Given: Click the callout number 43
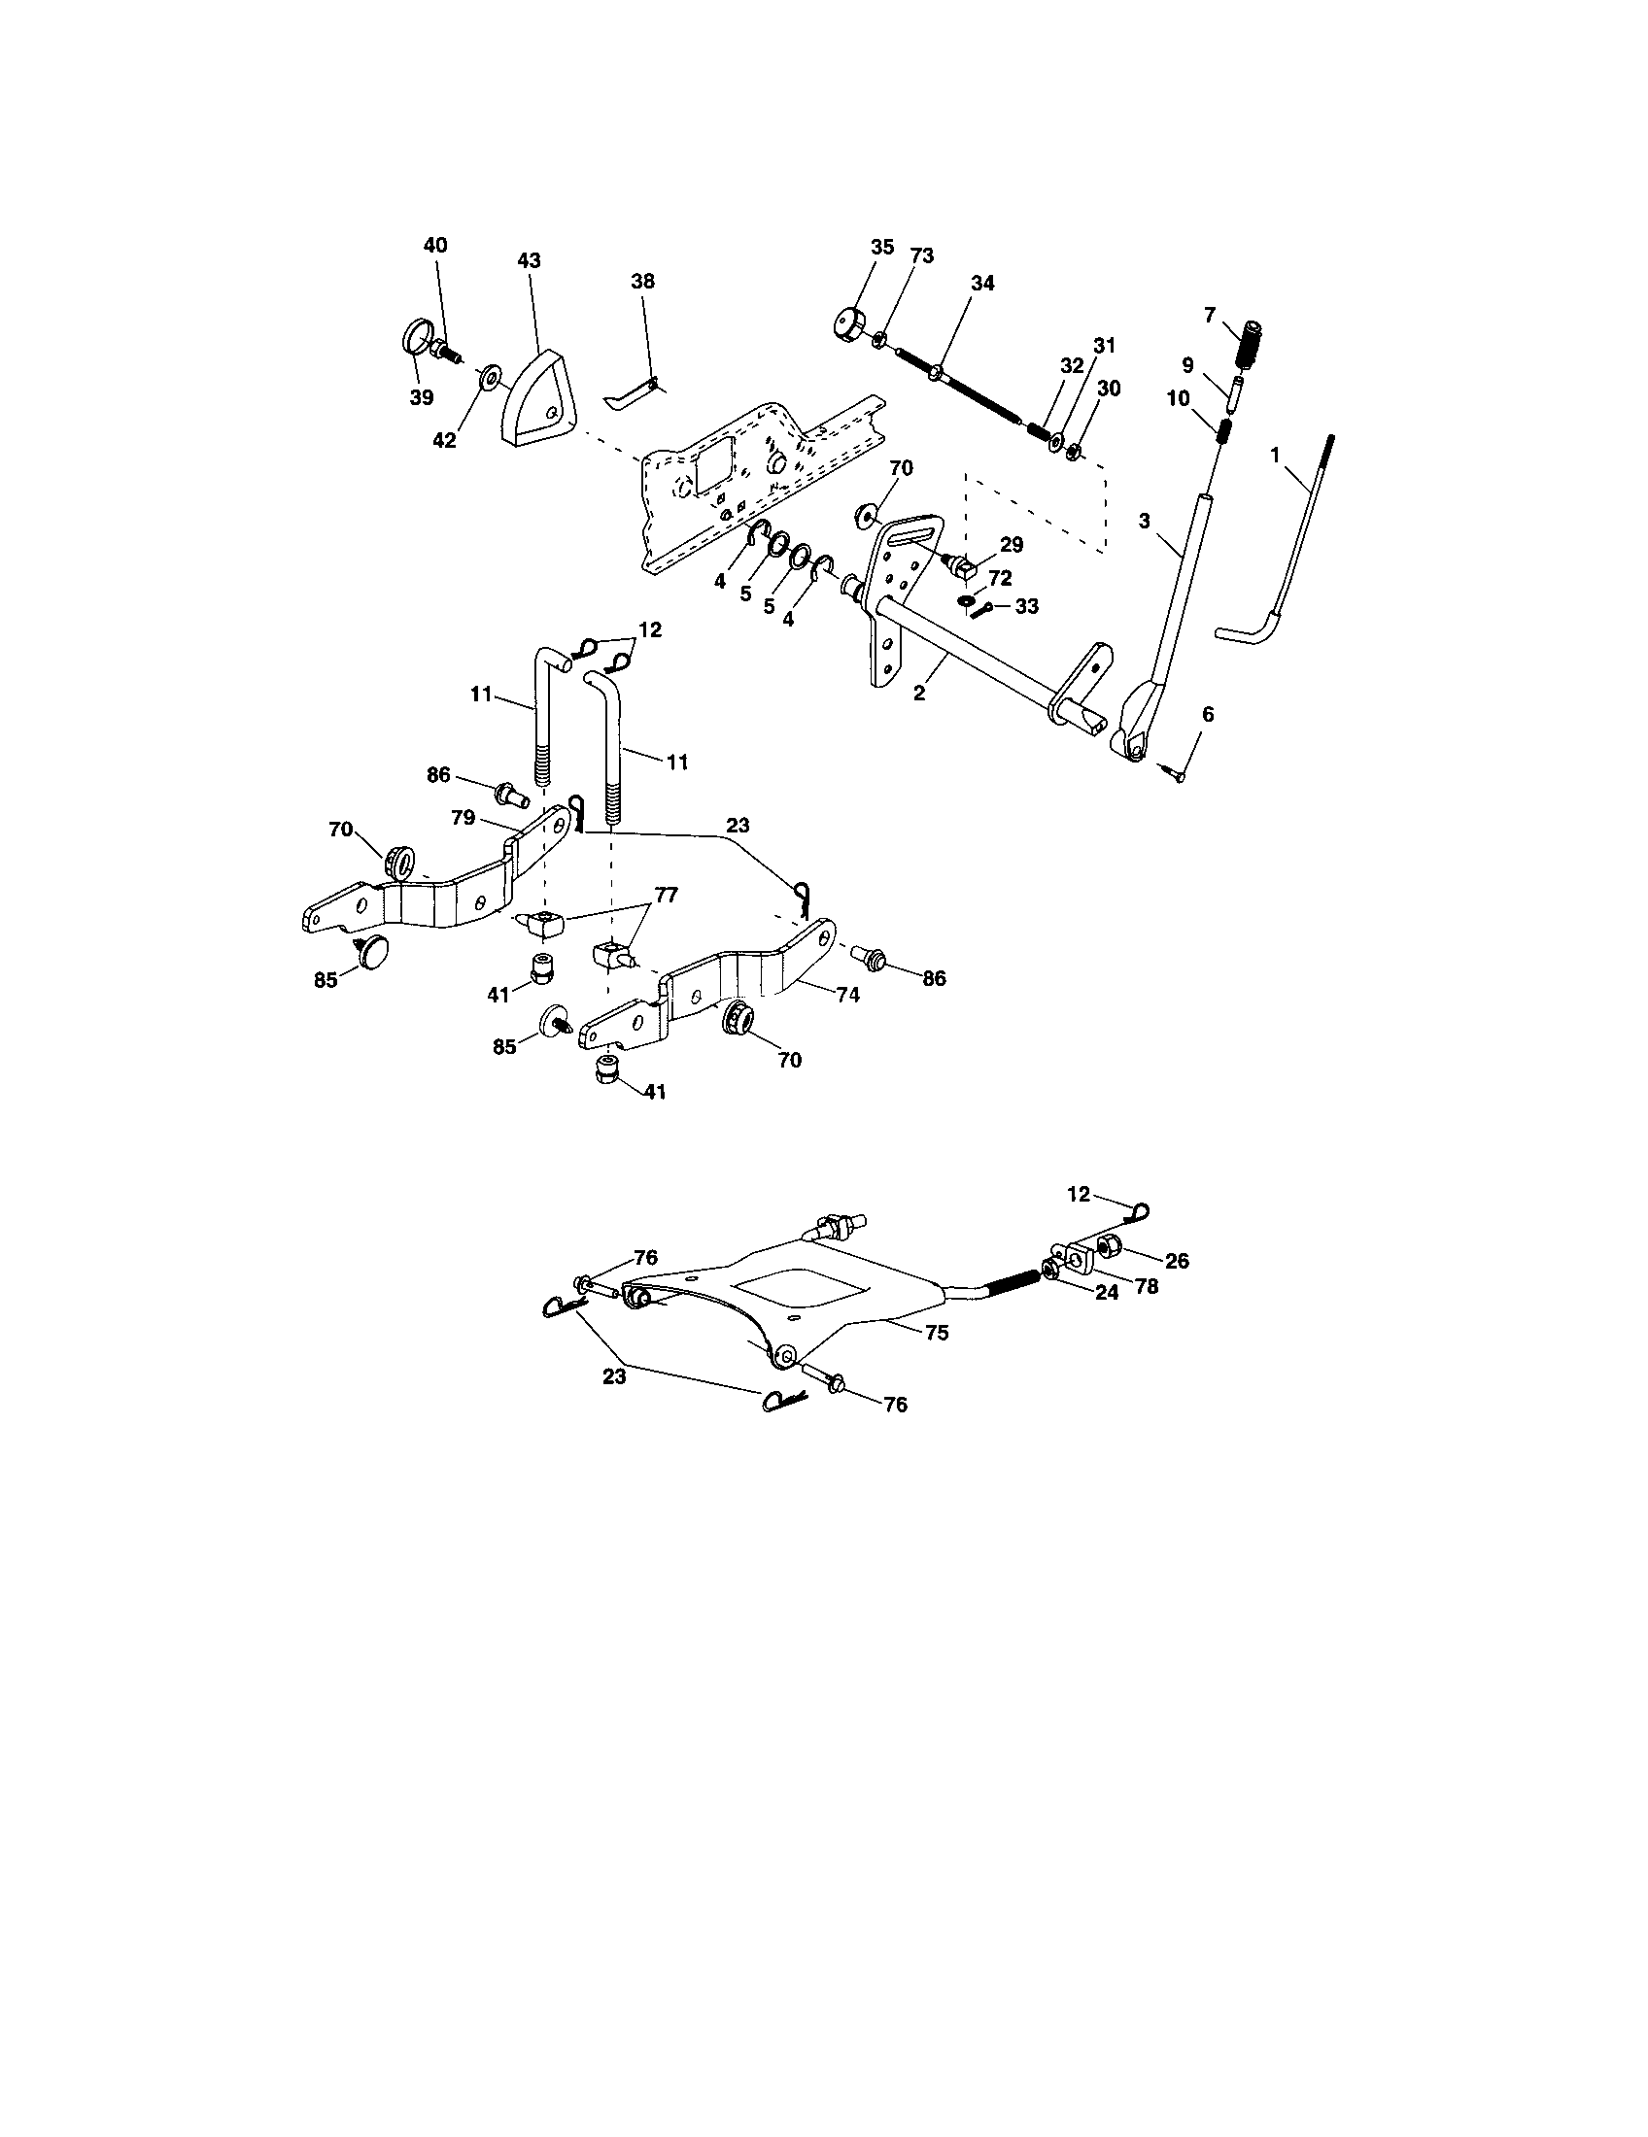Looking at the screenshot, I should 529,261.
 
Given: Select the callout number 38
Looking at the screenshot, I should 643,281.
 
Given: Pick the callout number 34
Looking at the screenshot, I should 982,283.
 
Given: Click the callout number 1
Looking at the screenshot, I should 1274,455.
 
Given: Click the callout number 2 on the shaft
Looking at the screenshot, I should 919,693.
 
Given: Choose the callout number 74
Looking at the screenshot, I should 847,994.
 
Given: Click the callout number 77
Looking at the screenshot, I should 667,895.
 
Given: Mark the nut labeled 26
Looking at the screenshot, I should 1109,1247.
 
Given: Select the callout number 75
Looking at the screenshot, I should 937,1333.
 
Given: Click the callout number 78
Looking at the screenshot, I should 1145,1286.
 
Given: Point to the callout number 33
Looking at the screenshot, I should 1026,607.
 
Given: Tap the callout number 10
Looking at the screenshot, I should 1178,399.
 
